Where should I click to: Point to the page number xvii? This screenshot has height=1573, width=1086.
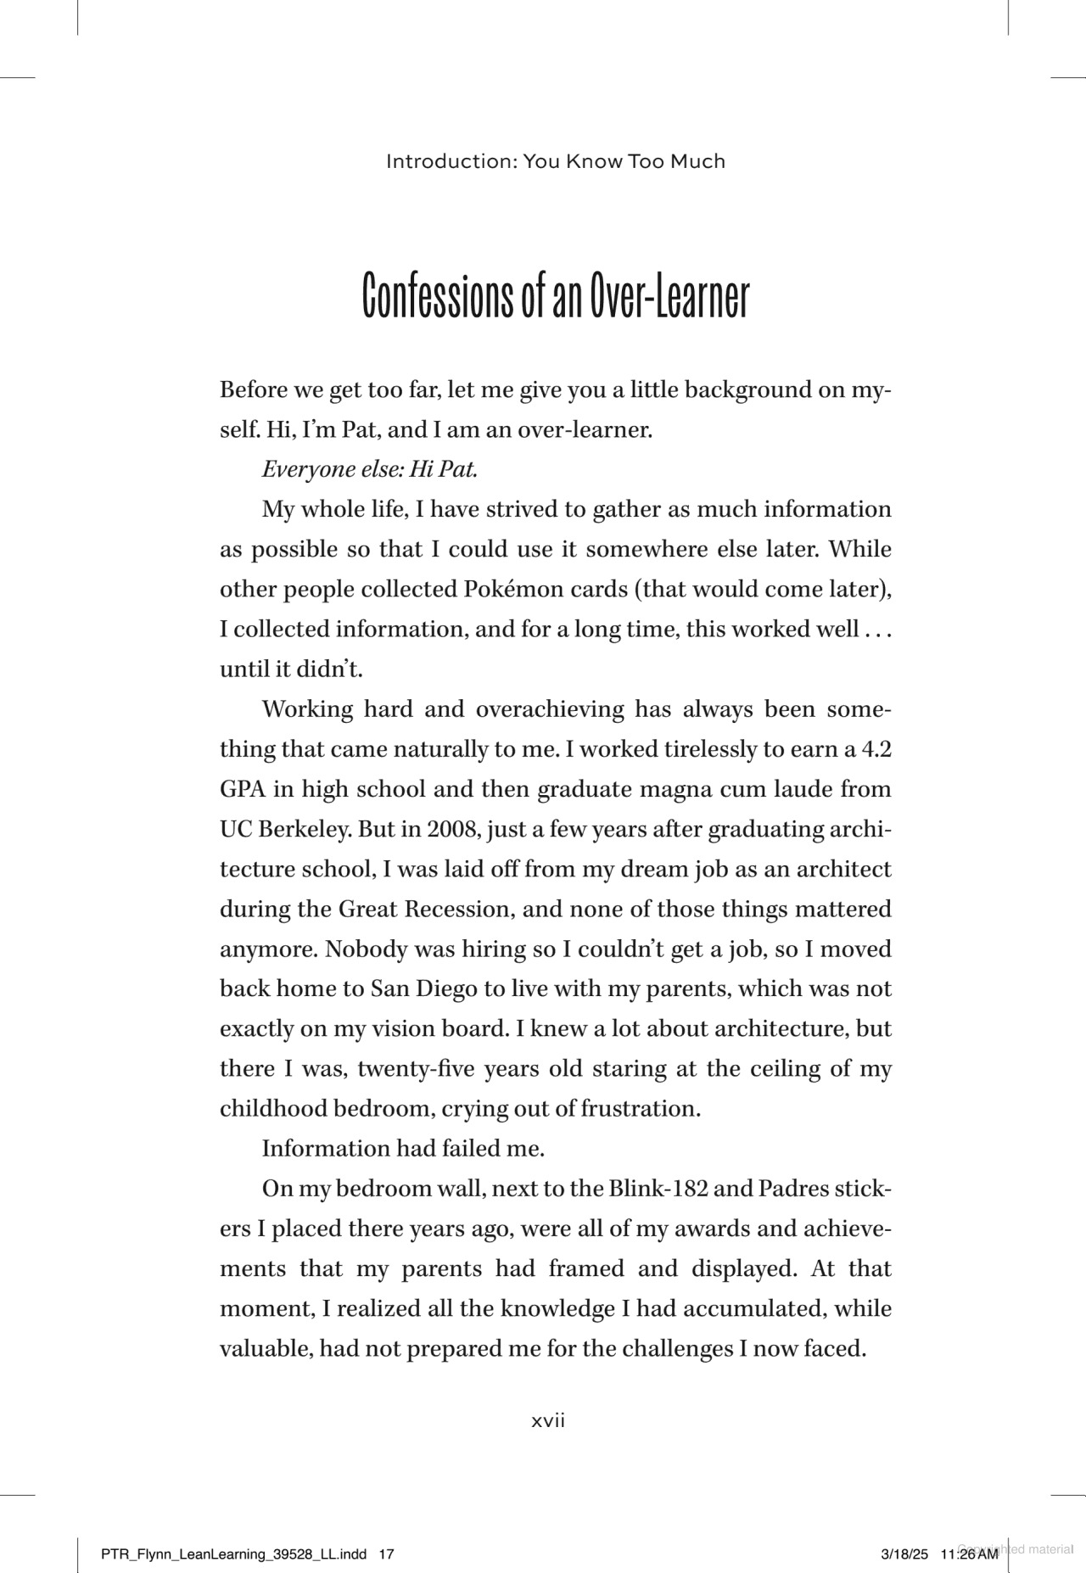point(548,1420)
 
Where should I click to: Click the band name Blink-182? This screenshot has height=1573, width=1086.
point(658,1188)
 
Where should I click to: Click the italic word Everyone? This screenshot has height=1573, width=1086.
point(301,469)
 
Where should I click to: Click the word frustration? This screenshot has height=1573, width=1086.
point(641,1108)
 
